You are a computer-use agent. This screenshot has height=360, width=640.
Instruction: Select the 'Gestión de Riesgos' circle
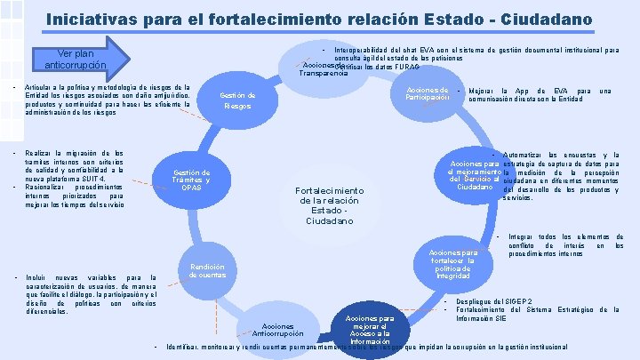(x=237, y=100)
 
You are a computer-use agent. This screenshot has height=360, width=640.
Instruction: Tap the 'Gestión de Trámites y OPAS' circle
(x=191, y=180)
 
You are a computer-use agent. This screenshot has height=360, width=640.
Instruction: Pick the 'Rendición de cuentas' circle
(x=207, y=271)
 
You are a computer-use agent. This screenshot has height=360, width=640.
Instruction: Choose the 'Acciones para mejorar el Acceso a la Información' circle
(x=370, y=329)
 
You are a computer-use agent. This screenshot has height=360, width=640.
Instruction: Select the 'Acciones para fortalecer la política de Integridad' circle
(x=453, y=264)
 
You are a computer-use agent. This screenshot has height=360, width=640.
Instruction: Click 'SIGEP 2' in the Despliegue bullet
(x=522, y=301)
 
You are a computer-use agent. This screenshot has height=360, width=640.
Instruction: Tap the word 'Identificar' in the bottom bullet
(x=185, y=347)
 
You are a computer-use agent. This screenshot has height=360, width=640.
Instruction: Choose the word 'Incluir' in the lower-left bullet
(x=38, y=277)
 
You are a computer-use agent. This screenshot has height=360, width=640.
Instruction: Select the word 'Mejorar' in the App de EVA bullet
(x=481, y=92)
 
